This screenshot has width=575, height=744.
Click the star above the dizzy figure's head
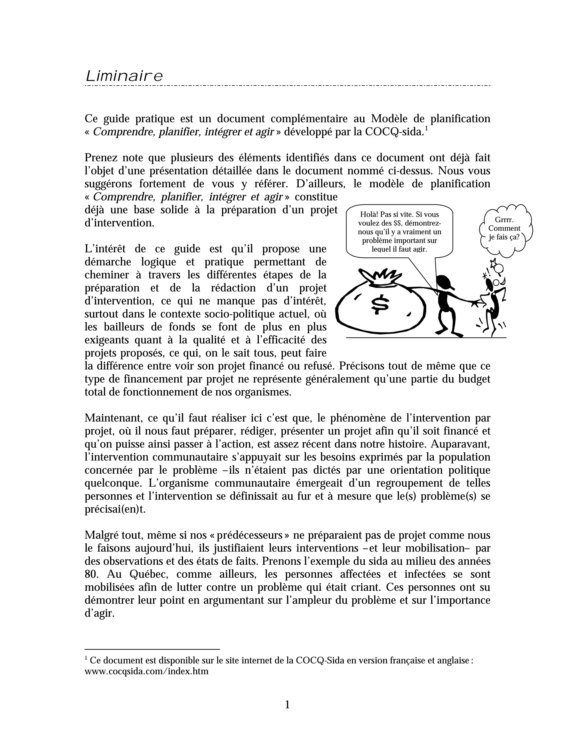493,263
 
